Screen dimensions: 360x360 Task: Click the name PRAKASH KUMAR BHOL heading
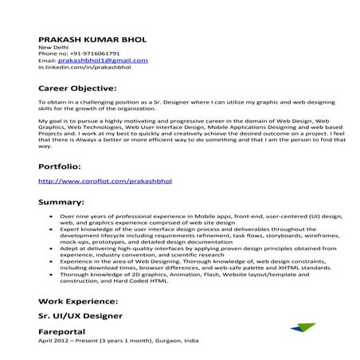click(92, 39)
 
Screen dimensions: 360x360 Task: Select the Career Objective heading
click(77, 88)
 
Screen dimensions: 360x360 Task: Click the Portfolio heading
click(59, 166)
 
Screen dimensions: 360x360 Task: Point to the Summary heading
click(61, 202)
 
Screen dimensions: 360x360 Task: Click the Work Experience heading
click(78, 302)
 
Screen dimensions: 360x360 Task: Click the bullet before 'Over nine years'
click(51, 216)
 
